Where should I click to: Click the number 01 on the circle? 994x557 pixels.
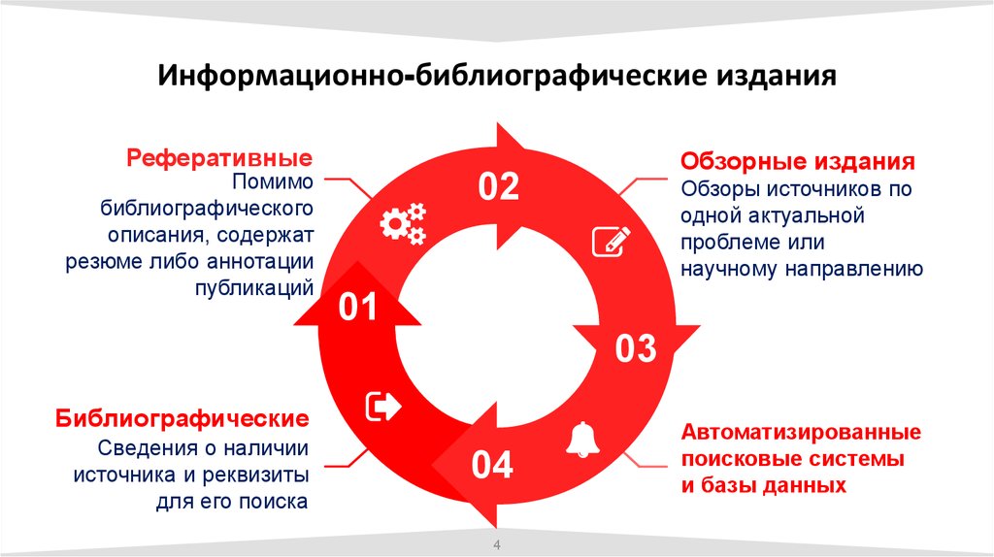pos(357,310)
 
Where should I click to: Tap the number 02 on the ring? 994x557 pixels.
pos(499,187)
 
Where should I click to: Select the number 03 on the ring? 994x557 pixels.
pos(637,348)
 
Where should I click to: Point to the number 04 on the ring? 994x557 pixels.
pos(492,467)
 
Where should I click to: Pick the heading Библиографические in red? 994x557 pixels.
pos(182,419)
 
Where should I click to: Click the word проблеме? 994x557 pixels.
pos(729,242)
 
